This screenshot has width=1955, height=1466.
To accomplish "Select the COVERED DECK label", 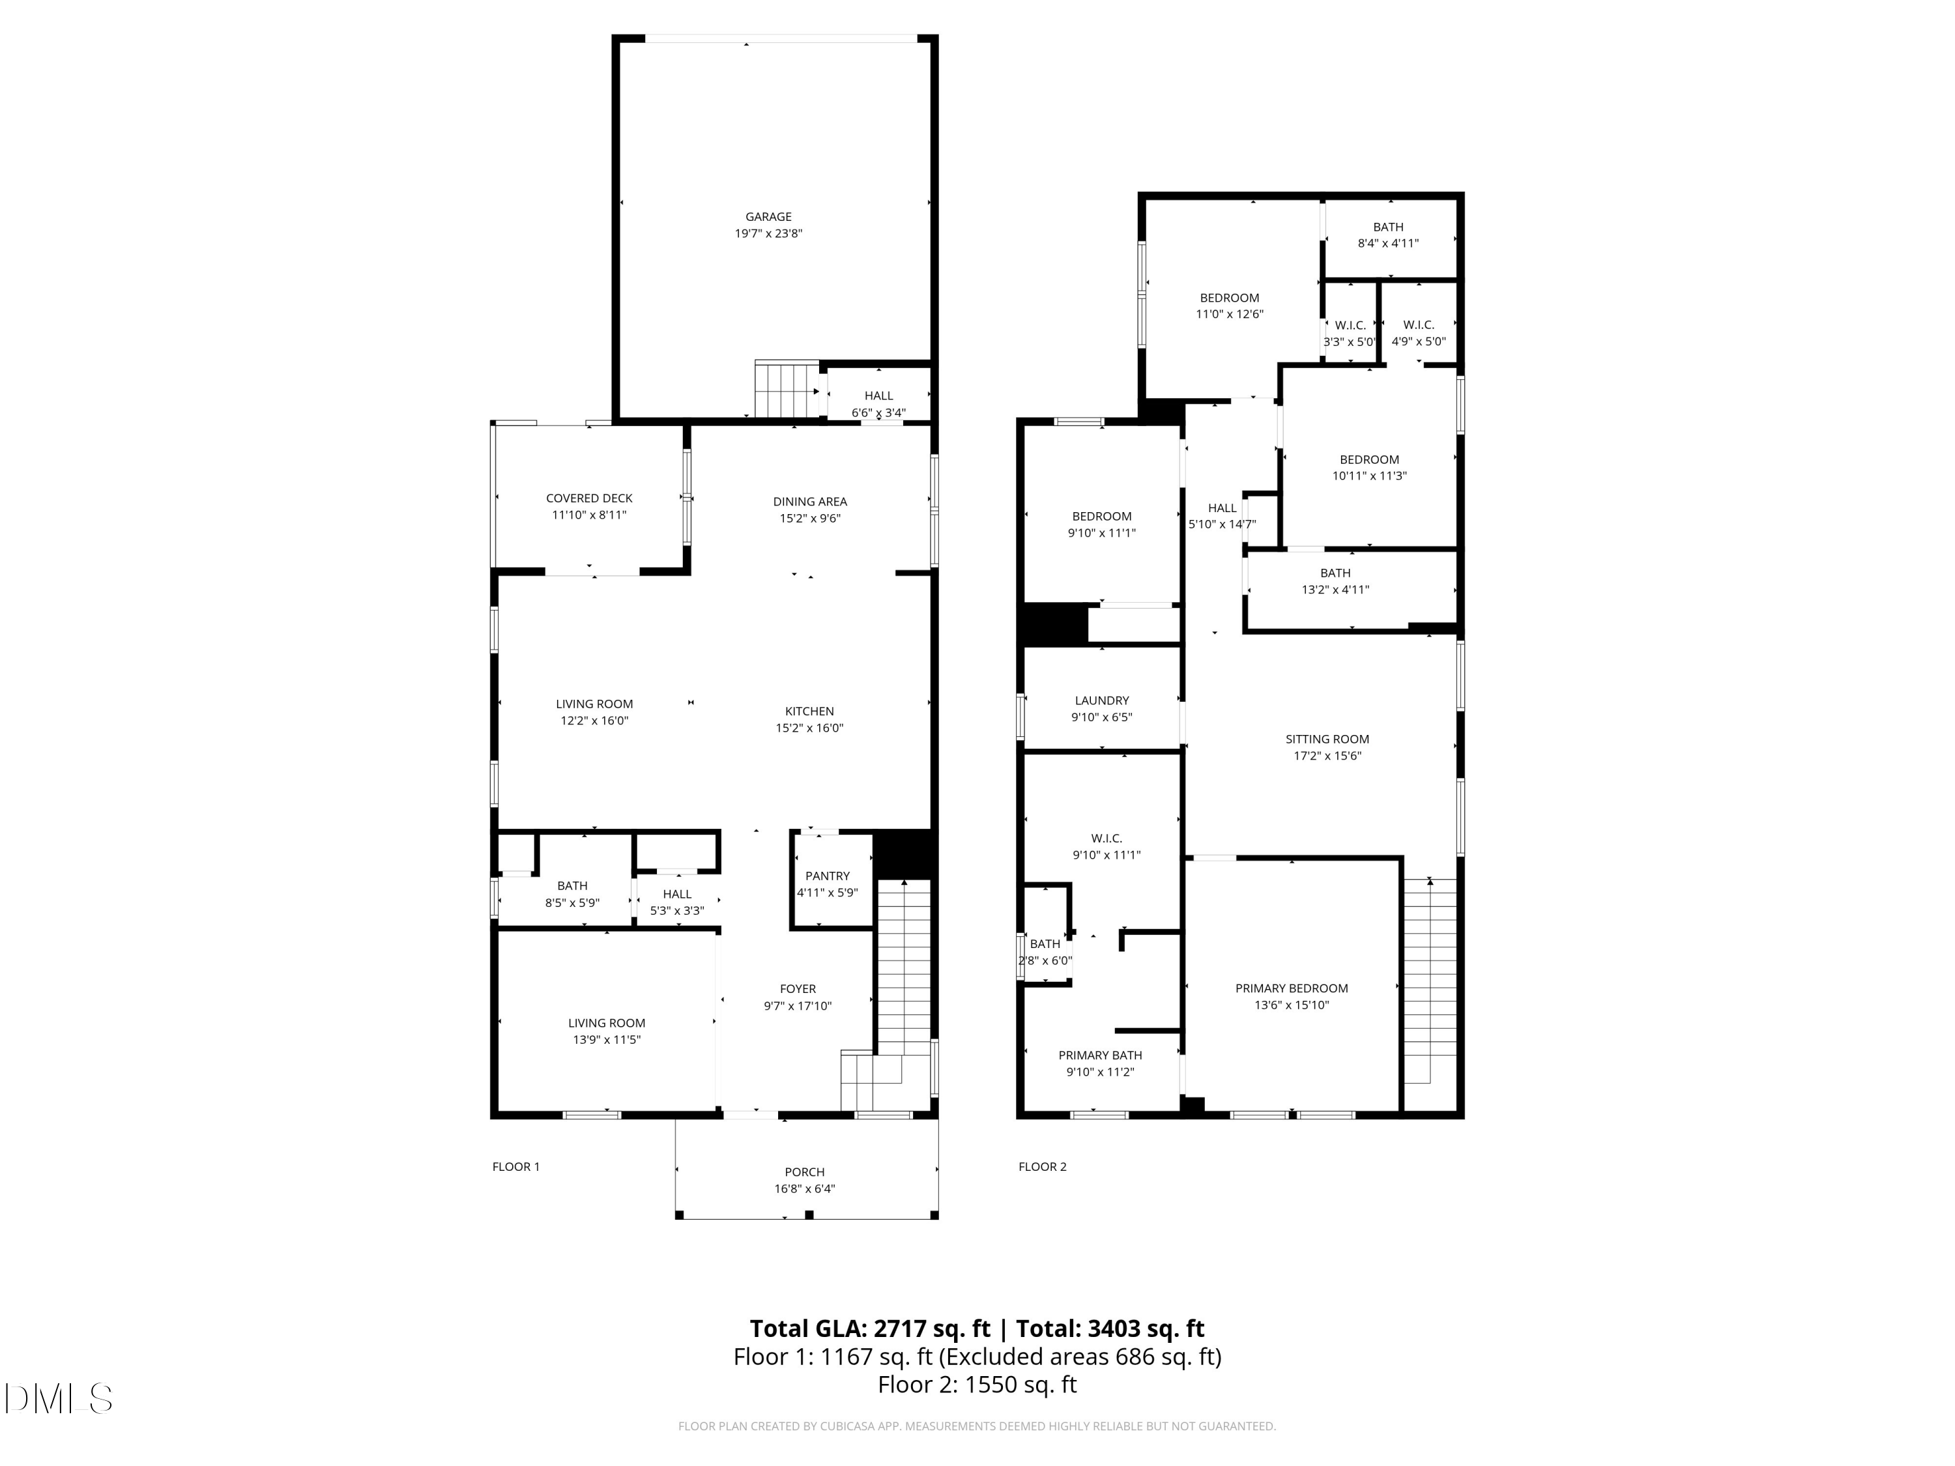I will click(x=588, y=498).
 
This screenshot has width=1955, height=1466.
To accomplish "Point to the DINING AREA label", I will click(x=809, y=502).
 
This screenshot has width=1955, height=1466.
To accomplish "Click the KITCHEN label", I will click(x=809, y=711).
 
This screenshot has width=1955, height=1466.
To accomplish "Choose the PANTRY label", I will click(x=826, y=876).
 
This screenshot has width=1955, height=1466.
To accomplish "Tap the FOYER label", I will click(x=797, y=989).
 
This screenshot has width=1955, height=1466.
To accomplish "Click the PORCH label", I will click(x=804, y=1171).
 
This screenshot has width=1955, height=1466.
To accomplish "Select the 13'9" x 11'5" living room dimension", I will click(x=605, y=1039).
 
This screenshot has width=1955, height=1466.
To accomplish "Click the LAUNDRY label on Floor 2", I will click(x=1101, y=700).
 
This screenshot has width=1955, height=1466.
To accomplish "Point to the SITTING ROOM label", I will click(x=1327, y=739).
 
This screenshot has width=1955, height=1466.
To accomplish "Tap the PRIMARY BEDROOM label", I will click(x=1291, y=988).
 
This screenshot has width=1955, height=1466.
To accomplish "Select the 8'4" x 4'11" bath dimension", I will click(x=1387, y=243).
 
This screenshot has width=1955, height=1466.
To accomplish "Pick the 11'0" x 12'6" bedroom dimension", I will click(x=1230, y=313).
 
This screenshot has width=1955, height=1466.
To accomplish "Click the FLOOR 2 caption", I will click(x=1042, y=1166).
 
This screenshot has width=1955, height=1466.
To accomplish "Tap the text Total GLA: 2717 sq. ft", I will click(x=870, y=1328).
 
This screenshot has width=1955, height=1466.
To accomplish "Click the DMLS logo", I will click(x=57, y=1398).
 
